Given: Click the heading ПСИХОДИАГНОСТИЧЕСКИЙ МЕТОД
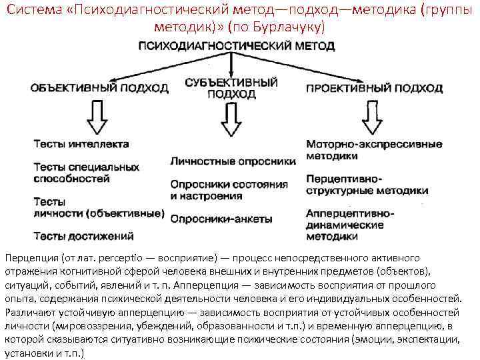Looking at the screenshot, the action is click(x=236, y=47).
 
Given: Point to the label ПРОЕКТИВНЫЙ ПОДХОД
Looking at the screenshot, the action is click(x=374, y=88).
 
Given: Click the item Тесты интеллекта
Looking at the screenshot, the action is click(x=81, y=144).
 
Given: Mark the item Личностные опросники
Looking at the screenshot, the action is click(x=232, y=161).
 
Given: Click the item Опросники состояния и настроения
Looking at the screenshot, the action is click(x=229, y=190).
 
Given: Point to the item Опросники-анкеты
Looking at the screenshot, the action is click(x=221, y=218).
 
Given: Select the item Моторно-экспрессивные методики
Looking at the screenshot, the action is click(x=374, y=149).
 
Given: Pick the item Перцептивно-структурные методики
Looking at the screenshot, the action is click(x=367, y=185).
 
